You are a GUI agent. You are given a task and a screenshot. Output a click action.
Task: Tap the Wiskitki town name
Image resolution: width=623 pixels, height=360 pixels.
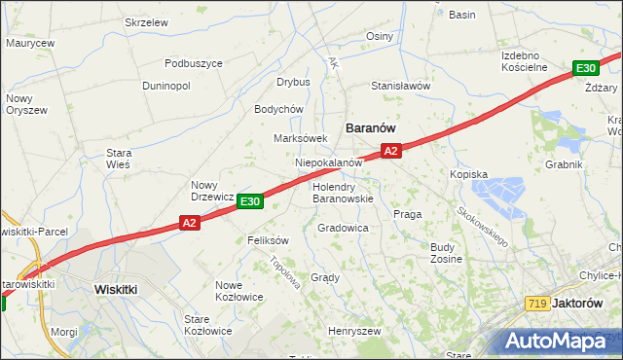click(x=120, y=289)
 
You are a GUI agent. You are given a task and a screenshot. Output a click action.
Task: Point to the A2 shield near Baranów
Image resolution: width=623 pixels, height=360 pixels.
click(x=390, y=151)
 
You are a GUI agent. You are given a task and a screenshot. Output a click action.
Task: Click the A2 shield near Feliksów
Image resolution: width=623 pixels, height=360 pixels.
click(x=190, y=224)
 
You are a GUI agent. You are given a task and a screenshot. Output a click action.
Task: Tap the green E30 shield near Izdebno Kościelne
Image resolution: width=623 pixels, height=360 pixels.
click(x=585, y=68)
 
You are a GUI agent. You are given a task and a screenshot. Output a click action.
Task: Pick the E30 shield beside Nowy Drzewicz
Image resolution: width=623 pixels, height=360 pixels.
click(x=250, y=200)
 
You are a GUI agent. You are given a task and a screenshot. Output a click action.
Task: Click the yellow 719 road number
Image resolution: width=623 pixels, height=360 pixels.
click(x=533, y=304)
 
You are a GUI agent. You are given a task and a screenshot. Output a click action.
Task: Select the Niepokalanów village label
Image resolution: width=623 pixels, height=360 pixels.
click(x=329, y=162)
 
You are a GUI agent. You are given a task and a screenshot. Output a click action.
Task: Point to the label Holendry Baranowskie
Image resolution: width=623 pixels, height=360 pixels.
click(x=343, y=192)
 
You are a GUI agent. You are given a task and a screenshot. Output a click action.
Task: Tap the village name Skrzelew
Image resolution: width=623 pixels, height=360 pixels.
click(x=147, y=21)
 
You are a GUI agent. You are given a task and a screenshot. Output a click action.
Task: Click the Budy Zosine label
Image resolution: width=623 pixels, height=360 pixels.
click(x=446, y=253)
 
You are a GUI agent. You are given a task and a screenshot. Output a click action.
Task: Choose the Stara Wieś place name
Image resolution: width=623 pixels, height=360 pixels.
click(x=119, y=159)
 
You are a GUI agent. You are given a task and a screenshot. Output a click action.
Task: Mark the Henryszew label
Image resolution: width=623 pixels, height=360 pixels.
click(x=353, y=331)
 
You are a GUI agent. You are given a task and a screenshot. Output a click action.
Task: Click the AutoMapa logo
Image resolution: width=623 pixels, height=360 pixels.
click(x=563, y=341)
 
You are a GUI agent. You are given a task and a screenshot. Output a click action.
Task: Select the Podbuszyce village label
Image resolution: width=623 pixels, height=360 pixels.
click(x=194, y=63)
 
